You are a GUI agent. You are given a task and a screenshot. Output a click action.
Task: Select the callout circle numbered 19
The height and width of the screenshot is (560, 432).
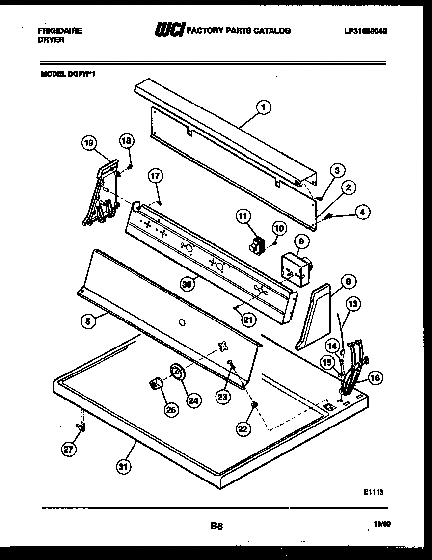click(88, 144)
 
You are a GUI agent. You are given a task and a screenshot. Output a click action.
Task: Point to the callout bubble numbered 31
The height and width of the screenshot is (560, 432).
click(123, 468)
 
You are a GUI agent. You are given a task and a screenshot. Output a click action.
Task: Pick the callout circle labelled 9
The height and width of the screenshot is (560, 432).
click(301, 241)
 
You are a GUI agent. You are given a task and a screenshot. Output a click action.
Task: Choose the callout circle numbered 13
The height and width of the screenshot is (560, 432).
click(353, 304)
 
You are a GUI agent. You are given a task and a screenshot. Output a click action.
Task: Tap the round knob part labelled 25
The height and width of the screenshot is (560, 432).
click(156, 383)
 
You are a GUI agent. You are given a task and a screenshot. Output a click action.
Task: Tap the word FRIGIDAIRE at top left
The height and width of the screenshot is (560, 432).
click(60, 30)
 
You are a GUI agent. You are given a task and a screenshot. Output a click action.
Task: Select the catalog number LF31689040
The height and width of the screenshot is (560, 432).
click(366, 31)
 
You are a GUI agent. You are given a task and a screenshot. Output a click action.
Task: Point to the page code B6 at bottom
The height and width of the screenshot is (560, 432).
click(217, 527)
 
